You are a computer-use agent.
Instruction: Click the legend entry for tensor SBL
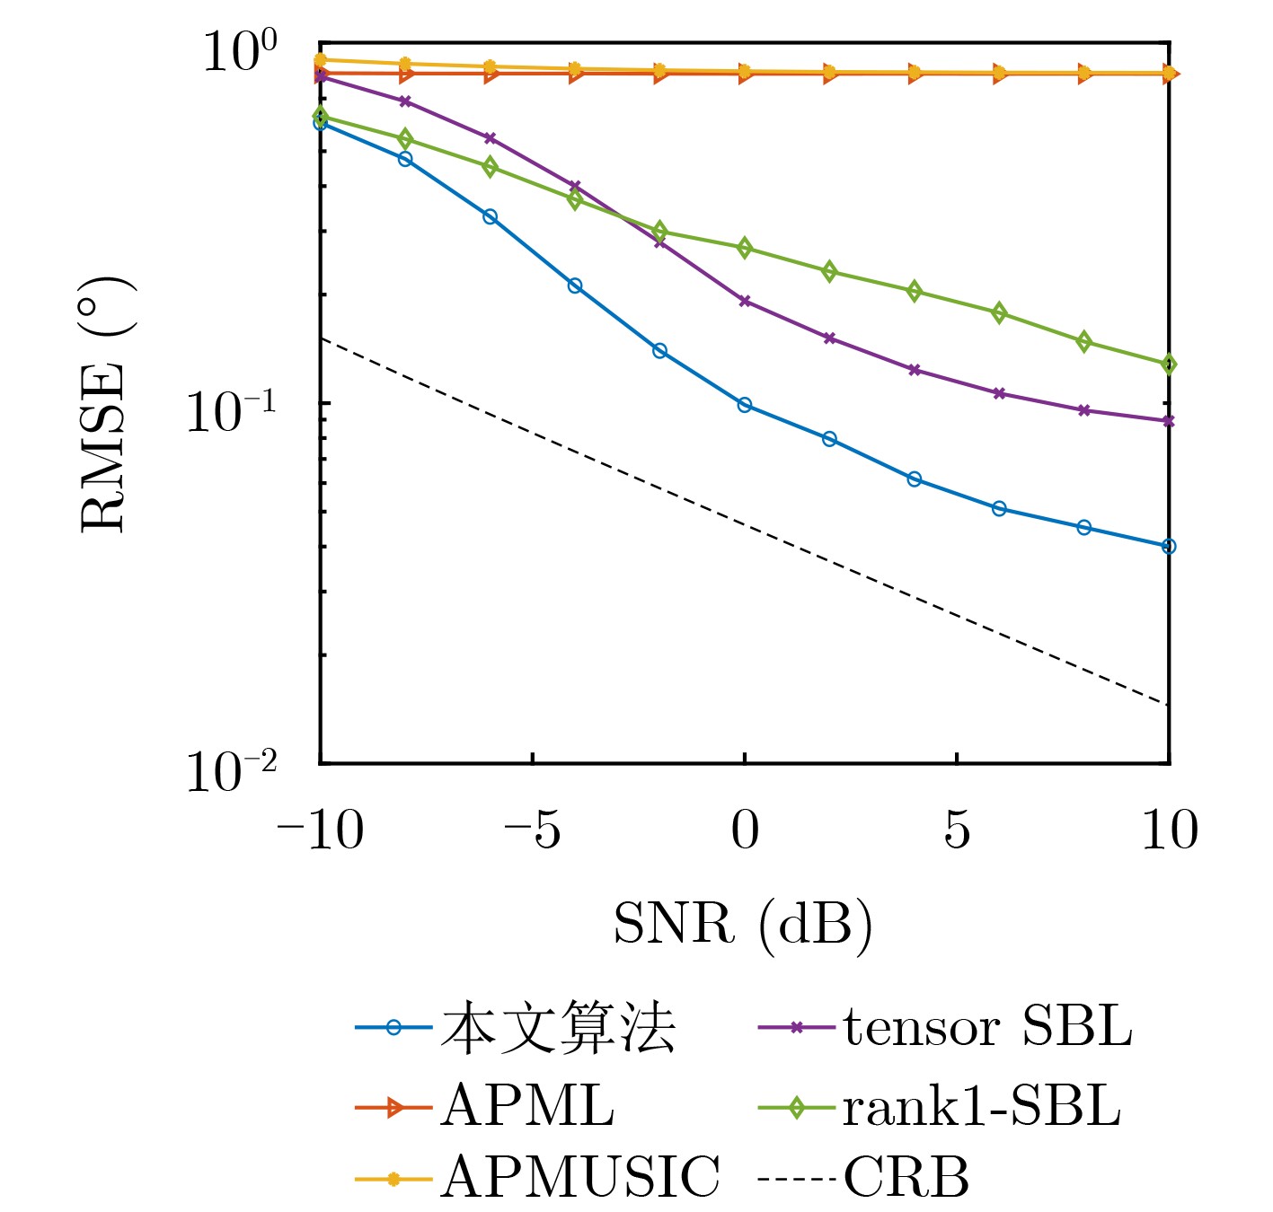tap(986, 1027)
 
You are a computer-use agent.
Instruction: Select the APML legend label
tap(528, 1106)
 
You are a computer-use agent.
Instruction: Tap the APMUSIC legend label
tap(580, 1177)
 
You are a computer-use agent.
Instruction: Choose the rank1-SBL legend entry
tap(981, 1106)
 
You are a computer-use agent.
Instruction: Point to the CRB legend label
tap(906, 1177)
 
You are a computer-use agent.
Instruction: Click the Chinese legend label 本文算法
tap(557, 1029)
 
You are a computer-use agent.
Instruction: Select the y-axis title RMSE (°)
tap(106, 404)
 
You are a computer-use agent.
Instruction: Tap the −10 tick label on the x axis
tap(320, 830)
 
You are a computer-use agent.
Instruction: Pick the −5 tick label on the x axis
tap(532, 830)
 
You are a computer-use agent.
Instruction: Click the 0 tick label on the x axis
tap(745, 830)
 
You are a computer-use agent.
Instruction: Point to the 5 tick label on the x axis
tap(957, 830)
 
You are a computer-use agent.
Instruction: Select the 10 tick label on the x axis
tap(1169, 830)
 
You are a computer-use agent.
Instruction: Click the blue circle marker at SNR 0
tap(745, 405)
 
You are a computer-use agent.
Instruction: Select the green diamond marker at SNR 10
tap(1169, 364)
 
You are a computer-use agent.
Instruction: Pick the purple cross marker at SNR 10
tap(1169, 421)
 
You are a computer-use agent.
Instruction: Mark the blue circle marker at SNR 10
tap(1169, 546)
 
